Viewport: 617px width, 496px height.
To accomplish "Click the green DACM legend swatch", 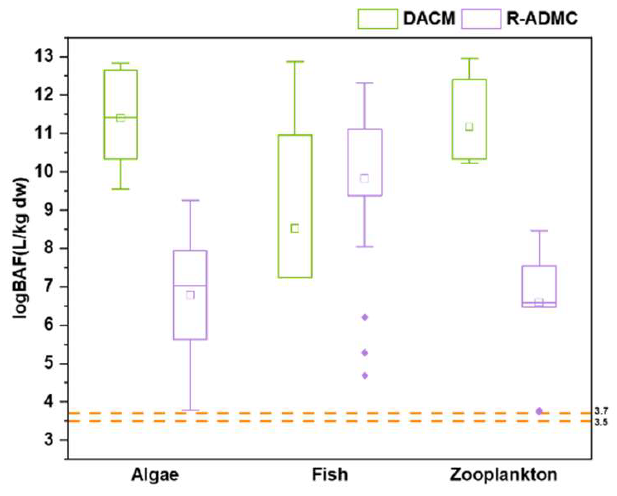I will (x=378, y=19).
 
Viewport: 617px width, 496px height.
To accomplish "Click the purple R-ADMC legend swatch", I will (x=481, y=19).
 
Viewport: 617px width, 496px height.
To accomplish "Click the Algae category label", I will (x=155, y=474).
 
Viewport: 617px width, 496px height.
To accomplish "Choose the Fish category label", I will (x=330, y=474).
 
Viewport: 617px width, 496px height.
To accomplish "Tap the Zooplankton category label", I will (x=503, y=474).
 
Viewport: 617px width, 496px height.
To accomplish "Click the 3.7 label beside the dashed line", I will (x=601, y=411).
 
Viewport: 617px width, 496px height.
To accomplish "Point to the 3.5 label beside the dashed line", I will (x=601, y=422).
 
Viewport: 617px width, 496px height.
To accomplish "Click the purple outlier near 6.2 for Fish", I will (x=365, y=317).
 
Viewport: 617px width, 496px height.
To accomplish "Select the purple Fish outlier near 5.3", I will (x=365, y=353).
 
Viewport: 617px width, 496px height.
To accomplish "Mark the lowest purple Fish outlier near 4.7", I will (x=365, y=376).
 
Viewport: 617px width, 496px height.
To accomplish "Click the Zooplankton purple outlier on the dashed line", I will (x=539, y=411).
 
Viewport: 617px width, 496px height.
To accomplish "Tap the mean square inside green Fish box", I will (x=295, y=229).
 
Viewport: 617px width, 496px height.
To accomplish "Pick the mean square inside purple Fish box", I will (x=365, y=179).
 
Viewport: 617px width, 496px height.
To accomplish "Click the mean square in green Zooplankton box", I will (x=469, y=127).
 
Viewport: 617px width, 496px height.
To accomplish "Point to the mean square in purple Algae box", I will (x=190, y=295).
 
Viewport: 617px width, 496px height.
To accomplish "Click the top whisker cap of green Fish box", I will (x=295, y=62).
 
